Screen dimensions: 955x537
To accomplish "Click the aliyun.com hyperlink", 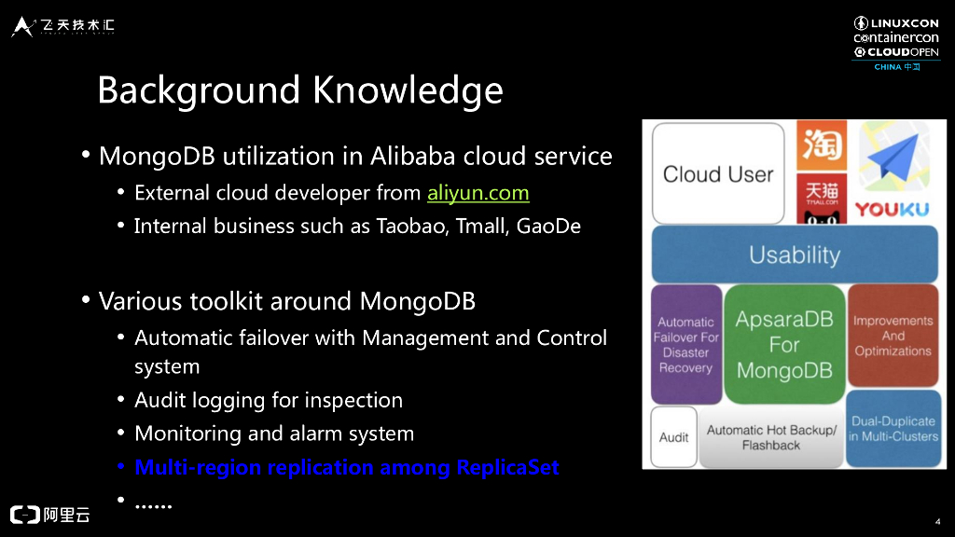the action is tap(477, 194).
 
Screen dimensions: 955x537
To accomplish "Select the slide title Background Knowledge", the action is tap(299, 90).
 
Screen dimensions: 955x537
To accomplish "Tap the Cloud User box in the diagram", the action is tap(717, 173).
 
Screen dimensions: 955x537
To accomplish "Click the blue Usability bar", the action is tap(794, 255).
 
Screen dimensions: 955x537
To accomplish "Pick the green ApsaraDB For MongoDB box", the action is tap(784, 344).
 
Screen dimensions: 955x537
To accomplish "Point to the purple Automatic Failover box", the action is tap(685, 344).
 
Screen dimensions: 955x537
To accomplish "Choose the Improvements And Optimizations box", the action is tap(893, 336).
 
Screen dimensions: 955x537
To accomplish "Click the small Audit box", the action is tap(673, 437).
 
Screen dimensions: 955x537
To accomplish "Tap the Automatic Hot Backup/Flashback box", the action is tap(771, 437).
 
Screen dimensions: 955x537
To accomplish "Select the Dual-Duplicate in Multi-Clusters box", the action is tap(893, 429).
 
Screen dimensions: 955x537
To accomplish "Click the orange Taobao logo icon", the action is tap(822, 145).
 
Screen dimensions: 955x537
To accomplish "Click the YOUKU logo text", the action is tap(893, 210).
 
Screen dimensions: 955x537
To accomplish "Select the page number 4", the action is tap(936, 520).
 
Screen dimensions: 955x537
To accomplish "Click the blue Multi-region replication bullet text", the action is tap(347, 467).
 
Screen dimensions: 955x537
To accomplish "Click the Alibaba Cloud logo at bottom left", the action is tap(50, 515).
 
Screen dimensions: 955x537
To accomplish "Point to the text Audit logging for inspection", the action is tap(269, 400).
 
